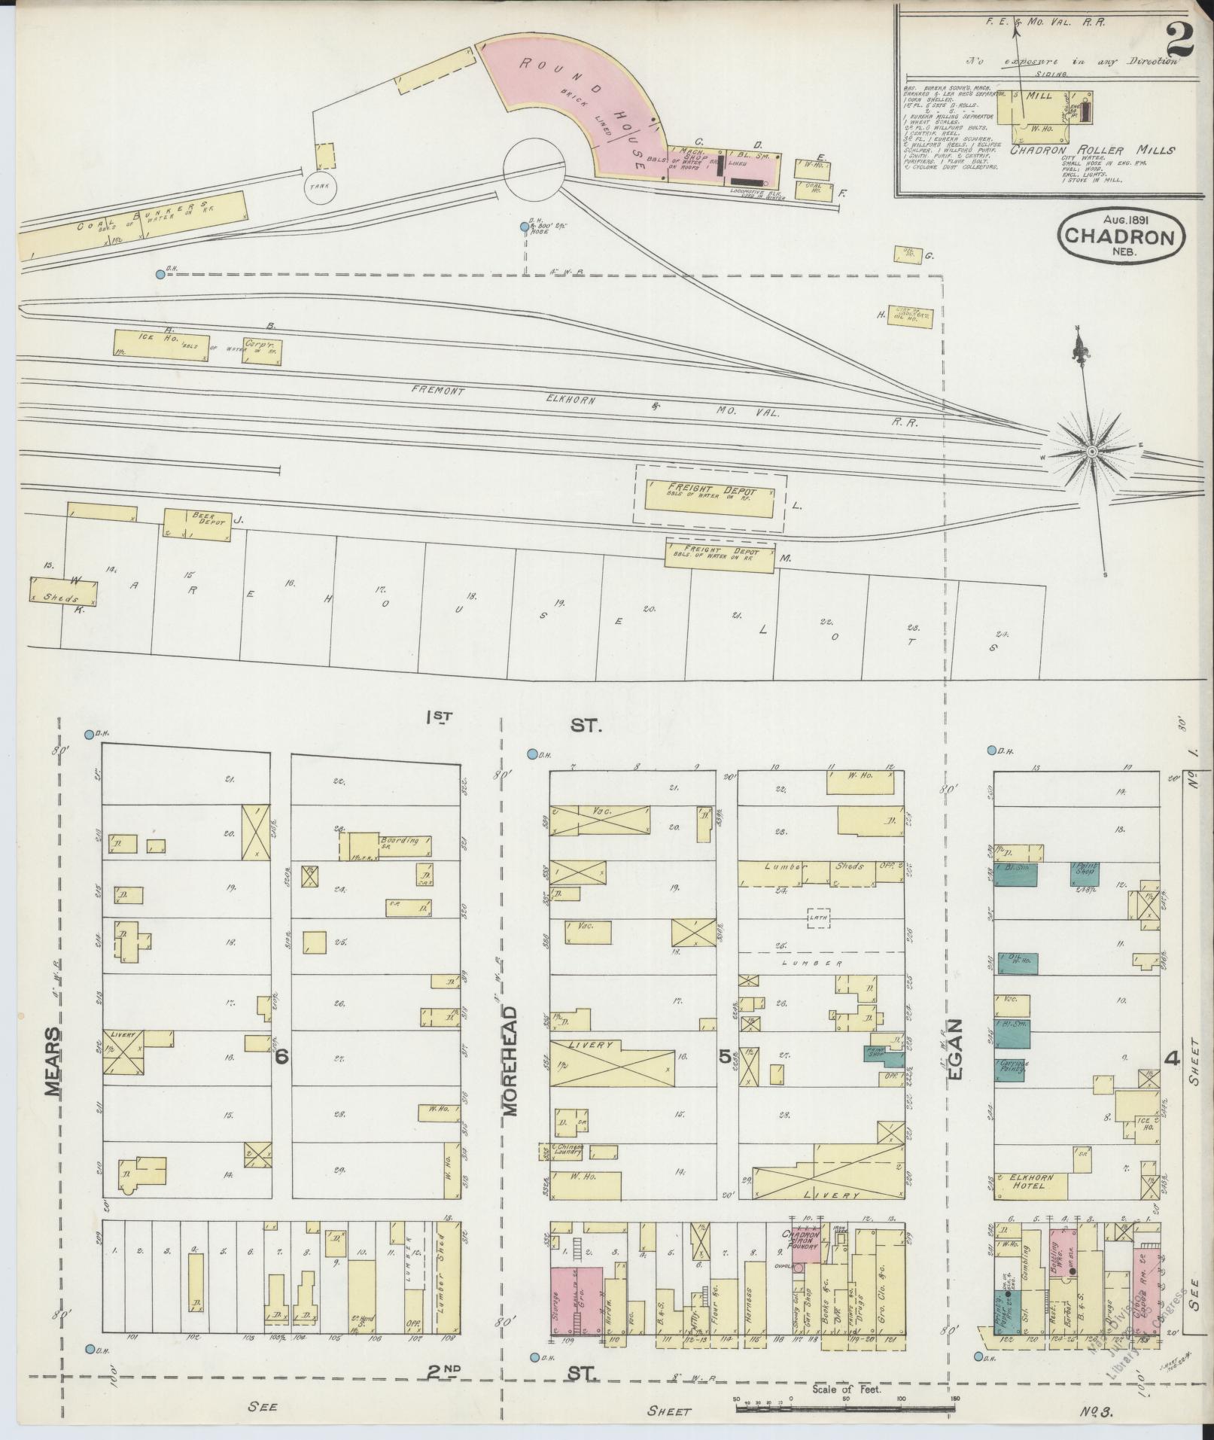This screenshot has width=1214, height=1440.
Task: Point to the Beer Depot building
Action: click(x=198, y=524)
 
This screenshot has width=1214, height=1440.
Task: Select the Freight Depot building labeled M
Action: click(x=720, y=557)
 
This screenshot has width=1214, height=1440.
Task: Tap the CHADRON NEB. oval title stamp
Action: click(x=1121, y=236)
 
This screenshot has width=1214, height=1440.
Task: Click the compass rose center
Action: click(x=1091, y=450)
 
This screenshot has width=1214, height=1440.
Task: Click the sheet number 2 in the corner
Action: click(x=1178, y=38)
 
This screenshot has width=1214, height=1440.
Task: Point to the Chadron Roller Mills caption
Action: click(x=1092, y=150)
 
